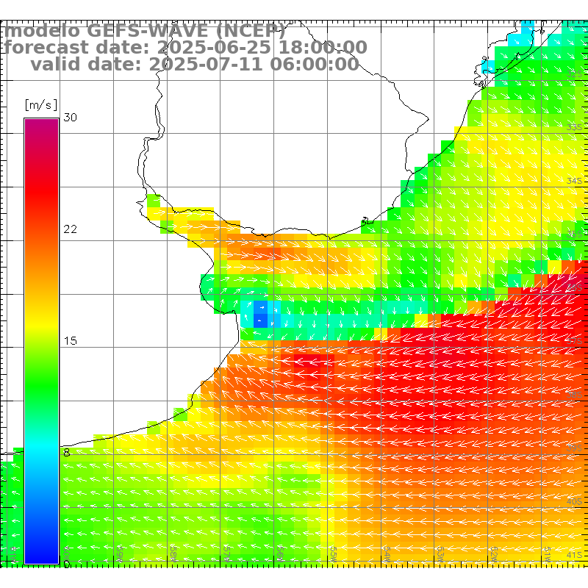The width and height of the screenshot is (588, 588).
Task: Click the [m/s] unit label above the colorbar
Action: [41, 104]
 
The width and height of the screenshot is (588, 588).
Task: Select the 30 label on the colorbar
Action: [71, 118]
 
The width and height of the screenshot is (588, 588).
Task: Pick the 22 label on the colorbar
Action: [71, 229]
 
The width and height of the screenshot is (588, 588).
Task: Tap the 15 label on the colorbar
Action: [71, 341]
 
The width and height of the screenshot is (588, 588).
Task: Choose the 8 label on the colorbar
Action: [67, 453]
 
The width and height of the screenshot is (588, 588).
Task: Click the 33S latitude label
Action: [574, 127]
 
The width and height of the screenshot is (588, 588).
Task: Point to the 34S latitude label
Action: [574, 181]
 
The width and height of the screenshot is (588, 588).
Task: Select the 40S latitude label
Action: [574, 501]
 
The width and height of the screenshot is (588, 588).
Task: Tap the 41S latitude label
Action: [574, 555]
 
